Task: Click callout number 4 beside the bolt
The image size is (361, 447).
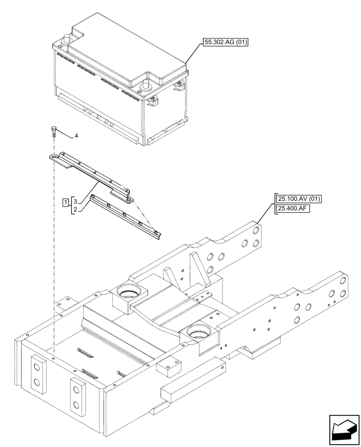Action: (76, 135)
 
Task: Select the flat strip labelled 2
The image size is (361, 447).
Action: (125, 215)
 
